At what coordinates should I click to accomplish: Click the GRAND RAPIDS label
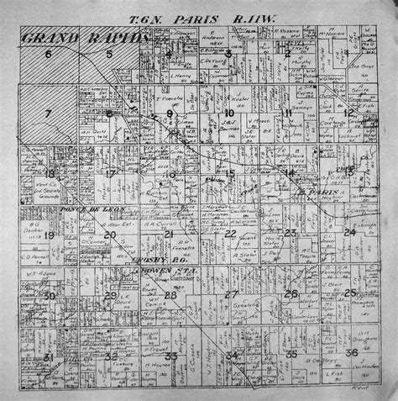[85, 39]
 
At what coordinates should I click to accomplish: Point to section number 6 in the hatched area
[48, 55]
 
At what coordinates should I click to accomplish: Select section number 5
[109, 55]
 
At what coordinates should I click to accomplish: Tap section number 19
[49, 235]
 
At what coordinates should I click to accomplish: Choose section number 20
[110, 235]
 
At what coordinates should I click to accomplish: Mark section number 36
[351, 352]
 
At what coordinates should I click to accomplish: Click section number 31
[49, 357]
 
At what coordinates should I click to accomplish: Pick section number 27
[230, 294]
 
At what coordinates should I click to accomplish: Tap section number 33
[170, 357]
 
